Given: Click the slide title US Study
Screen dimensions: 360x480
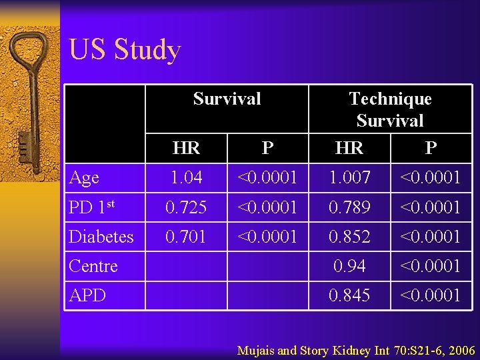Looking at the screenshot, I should point(125,51).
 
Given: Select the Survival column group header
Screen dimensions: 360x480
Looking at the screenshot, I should point(227,99).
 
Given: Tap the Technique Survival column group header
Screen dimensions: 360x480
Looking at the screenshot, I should point(390,109).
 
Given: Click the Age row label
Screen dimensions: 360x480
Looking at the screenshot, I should point(85,178).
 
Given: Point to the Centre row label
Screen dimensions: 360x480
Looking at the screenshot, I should point(93,266).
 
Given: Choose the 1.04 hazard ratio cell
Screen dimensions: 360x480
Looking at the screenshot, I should point(186,178).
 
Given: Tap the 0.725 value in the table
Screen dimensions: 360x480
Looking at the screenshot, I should point(186,207).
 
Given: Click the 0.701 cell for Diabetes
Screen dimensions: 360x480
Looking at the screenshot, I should point(186,237).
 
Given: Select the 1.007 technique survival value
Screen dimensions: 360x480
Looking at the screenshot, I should point(349,178).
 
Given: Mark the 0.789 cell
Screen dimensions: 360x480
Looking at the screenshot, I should point(349,207).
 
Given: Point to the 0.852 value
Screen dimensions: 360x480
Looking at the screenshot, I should point(349,237).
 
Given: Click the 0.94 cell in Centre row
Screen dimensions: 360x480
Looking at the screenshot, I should point(349,266).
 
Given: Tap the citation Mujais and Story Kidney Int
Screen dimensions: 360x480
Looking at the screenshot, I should point(356,350).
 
